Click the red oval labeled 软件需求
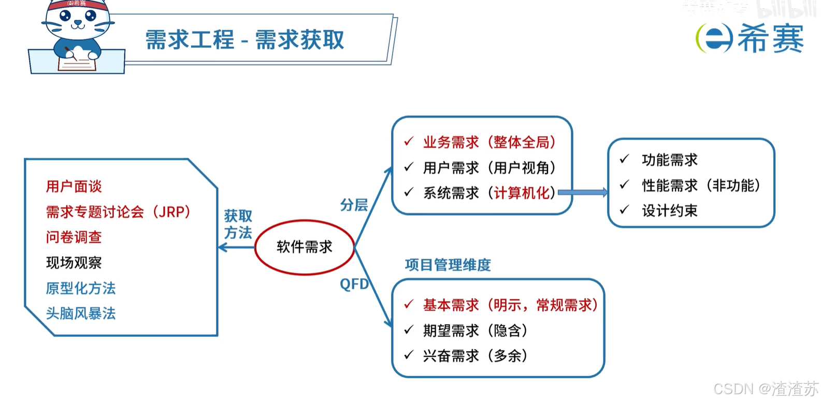(305, 247)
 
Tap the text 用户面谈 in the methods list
(74, 187)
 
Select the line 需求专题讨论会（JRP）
(118, 212)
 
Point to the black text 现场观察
(74, 263)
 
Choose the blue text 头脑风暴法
(81, 314)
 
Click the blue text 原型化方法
(81, 288)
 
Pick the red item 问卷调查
(74, 238)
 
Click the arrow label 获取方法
(238, 224)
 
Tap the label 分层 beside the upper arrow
(354, 205)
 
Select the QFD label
(354, 284)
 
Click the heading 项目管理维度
(448, 265)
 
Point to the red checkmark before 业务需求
(409, 141)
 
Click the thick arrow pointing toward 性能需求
(583, 192)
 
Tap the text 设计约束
(670, 211)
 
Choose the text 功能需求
(670, 160)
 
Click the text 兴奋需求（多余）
(475, 356)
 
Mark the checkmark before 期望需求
(409, 329)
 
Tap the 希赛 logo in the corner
(750, 38)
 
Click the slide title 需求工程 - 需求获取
(244, 40)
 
